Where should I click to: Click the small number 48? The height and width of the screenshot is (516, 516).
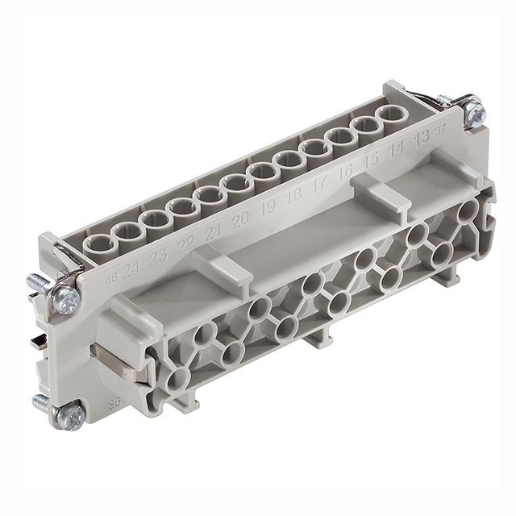click(x=110, y=281)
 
